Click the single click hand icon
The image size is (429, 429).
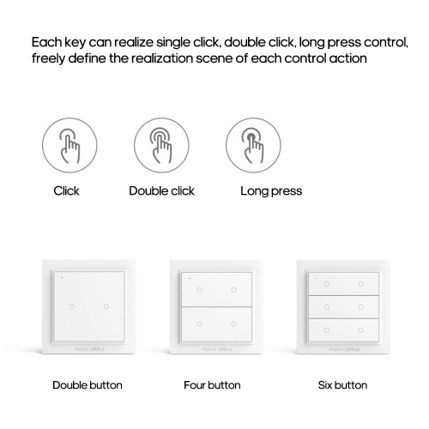pos(69,145)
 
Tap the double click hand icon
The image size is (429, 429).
pos(161,145)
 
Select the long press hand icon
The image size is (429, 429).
pos(253,145)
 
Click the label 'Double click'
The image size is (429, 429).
pos(161,190)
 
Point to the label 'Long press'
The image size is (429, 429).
pos(271,191)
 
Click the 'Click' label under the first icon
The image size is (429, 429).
pos(66,190)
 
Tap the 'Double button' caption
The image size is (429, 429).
pos(88,385)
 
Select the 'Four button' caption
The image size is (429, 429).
pos(212,385)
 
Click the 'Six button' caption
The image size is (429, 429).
pos(342,385)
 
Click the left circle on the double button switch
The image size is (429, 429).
pos(72,306)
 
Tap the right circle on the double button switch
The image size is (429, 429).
pos(106,306)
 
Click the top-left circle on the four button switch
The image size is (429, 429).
pos(200,290)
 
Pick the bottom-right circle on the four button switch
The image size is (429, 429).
pos(234,324)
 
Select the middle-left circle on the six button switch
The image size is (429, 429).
pos(327,307)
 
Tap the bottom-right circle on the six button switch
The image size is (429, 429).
pos(361,330)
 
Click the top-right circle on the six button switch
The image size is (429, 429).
pos(361,284)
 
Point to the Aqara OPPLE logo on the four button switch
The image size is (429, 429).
pos(217,349)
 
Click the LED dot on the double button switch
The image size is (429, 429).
pos(62,278)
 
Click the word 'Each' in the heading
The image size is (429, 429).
pos(46,42)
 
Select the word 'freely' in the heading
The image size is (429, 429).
pos(48,59)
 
